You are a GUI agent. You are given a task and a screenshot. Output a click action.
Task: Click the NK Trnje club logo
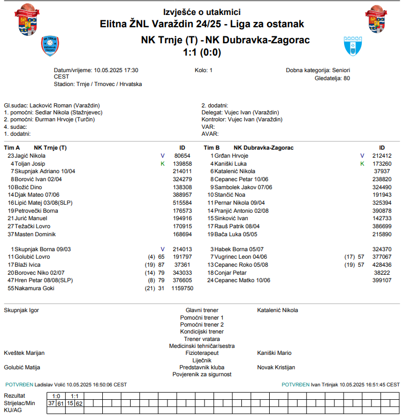coord(50,46)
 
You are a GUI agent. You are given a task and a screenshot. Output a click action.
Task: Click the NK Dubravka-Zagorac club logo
coord(353,46)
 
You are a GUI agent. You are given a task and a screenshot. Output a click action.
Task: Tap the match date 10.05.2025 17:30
coord(116,70)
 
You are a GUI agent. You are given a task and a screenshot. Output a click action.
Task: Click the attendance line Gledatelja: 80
coord(332,78)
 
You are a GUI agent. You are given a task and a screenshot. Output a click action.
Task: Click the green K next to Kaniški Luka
coord(362,164)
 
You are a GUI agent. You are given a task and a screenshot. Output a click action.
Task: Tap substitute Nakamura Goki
coord(35,288)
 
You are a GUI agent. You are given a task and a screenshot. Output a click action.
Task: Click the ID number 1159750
coord(181,288)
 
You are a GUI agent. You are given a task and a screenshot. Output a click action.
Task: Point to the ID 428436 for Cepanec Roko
coord(382,265)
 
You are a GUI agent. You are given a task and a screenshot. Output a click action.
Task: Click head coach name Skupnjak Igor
coord(21,310)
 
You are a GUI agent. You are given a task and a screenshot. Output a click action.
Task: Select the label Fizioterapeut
coord(202,353)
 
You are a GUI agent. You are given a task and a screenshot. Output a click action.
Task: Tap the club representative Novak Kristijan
coord(276,367)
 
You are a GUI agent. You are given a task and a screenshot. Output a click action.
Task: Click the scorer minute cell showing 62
coord(79,403)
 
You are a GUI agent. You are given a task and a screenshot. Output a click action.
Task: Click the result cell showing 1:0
coord(56,396)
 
